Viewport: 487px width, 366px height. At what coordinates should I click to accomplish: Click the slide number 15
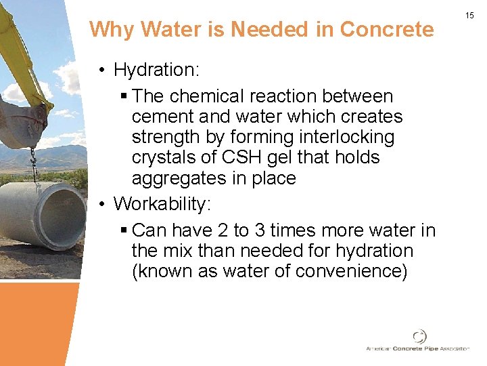tap(469, 15)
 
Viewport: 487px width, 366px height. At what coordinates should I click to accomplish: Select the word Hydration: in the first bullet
tap(158, 70)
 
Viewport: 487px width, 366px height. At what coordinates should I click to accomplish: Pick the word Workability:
tap(162, 203)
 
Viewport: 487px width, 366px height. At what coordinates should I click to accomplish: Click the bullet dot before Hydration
tap(101, 70)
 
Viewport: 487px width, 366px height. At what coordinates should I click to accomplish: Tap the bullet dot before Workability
tap(101, 203)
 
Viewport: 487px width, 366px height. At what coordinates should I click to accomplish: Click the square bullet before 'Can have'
tap(122, 231)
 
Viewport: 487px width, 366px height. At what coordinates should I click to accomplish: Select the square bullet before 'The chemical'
tap(122, 97)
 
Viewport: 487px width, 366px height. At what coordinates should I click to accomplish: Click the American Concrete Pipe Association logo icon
tap(421, 336)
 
